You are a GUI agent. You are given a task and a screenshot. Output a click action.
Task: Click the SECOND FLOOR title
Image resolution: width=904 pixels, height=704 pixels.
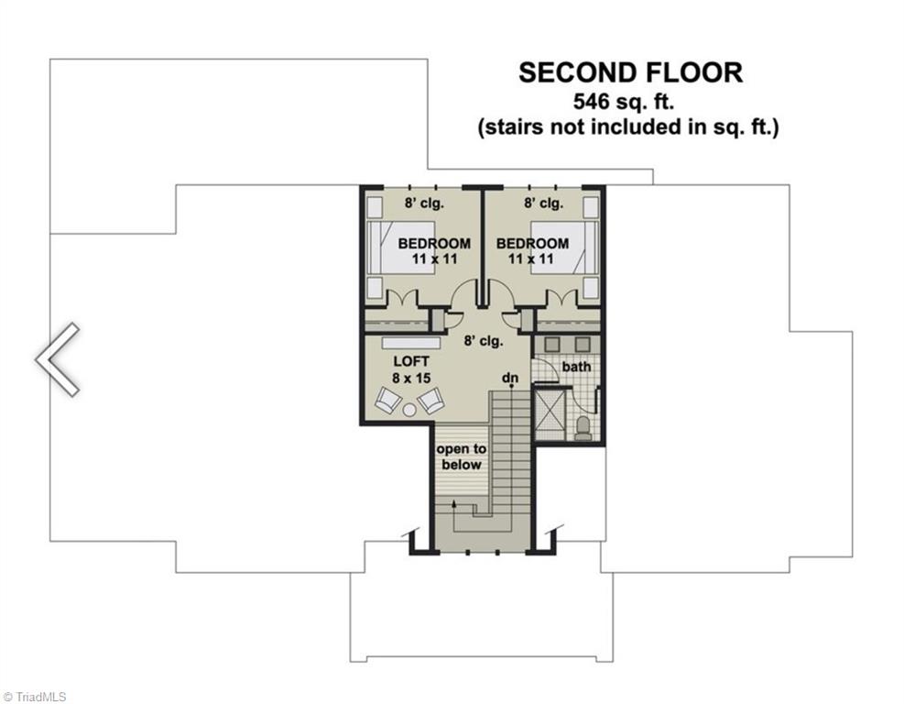[630, 72]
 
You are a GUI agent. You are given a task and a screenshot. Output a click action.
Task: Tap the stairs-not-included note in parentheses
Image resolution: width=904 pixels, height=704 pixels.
[628, 127]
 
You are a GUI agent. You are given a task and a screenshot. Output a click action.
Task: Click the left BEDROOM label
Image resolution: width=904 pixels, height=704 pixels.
[434, 244]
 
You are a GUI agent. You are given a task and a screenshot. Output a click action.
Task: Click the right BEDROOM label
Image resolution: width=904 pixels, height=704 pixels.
[532, 244]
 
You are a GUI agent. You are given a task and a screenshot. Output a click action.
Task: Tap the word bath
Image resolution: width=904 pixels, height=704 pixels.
[577, 367]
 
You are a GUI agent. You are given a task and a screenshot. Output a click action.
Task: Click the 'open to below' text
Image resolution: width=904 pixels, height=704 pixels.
[460, 456]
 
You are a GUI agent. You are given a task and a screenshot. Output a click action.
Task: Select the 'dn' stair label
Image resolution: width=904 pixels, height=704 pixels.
[510, 378]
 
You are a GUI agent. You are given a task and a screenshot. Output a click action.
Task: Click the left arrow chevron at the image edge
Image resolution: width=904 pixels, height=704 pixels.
[57, 359]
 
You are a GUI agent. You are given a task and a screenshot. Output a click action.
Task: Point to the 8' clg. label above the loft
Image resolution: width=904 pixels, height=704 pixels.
[484, 341]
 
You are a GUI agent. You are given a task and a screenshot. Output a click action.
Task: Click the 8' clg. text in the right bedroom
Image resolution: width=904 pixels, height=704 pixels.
[544, 203]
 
